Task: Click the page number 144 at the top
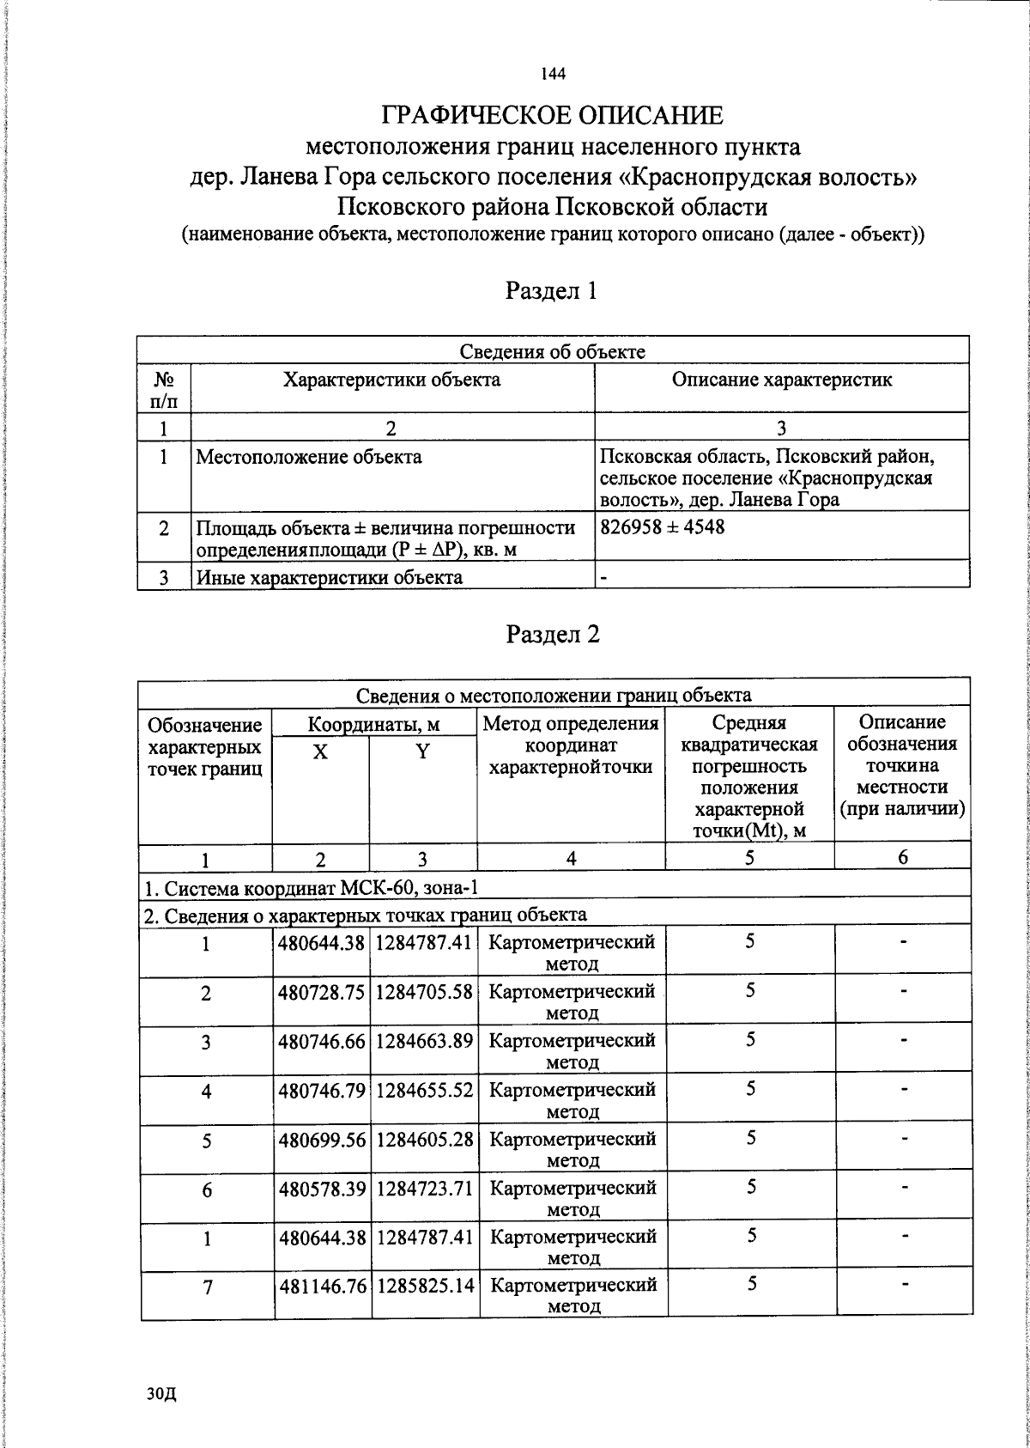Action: [553, 75]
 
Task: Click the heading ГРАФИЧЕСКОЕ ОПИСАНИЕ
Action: [553, 116]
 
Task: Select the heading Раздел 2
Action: [552, 634]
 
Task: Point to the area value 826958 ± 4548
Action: [663, 526]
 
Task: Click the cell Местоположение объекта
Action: [309, 457]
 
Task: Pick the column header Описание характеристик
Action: [781, 380]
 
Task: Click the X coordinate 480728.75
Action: [322, 991]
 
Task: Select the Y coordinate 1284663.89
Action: [424, 1040]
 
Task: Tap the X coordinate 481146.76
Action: [322, 1286]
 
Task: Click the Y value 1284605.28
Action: [424, 1138]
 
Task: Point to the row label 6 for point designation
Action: [206, 1189]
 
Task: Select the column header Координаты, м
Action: [374, 724]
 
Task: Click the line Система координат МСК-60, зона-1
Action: [311, 886]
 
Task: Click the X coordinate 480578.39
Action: [322, 1188]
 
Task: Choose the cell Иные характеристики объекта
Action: [330, 577]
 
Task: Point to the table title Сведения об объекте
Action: [553, 350]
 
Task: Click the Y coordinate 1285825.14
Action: [425, 1286]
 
